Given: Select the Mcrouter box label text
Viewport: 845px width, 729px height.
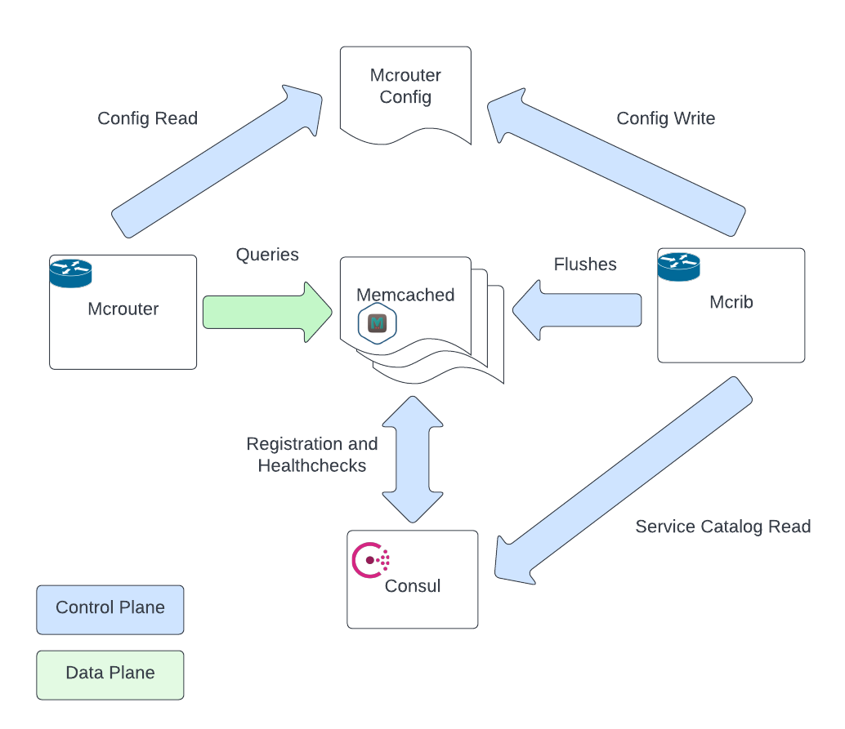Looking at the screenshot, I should pos(123,309).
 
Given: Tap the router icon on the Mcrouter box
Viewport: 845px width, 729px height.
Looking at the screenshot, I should pos(71,272).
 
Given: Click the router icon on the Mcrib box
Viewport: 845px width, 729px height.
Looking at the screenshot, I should pos(679,265).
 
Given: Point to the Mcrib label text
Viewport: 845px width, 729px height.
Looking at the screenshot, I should pos(731,302).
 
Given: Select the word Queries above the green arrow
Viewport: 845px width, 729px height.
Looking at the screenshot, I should pos(267,255).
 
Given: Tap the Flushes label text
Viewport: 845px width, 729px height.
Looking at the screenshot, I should pos(585,264).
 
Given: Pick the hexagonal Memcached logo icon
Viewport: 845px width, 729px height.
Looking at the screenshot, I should pos(377,324).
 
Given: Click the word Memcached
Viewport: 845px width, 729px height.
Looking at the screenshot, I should pos(405,296).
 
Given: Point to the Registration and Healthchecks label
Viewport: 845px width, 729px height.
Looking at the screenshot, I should pos(312,455).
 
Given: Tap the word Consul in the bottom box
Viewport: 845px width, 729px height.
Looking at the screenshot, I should pos(413,586).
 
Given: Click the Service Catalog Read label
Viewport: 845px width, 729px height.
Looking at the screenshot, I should pos(722,527).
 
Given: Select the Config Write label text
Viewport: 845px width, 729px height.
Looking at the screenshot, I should pos(665,118).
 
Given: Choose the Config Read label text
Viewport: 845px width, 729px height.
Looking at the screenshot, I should pos(147,118).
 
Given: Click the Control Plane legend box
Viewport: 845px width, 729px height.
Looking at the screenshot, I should pos(110,609).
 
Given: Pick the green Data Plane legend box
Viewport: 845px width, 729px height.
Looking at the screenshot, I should pos(110,674).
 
